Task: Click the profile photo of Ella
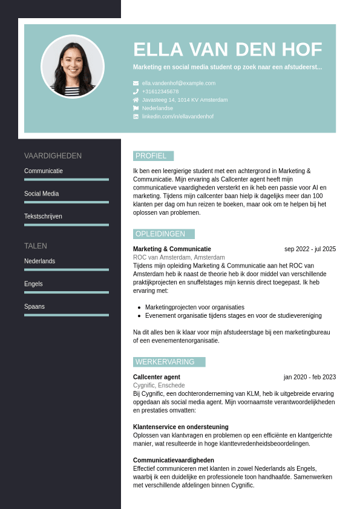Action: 73,67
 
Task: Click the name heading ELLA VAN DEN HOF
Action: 227,50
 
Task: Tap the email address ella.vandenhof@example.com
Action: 178,83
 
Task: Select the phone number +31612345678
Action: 160,91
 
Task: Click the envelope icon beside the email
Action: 136,83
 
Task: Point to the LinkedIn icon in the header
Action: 136,116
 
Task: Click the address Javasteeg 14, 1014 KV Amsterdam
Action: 185,100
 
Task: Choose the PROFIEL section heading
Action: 151,156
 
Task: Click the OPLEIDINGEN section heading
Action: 160,234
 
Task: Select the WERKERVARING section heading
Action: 165,362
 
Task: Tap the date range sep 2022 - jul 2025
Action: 310,249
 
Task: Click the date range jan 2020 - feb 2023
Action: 309,377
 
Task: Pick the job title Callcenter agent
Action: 157,377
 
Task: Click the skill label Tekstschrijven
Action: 43,216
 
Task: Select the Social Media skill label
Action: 41,194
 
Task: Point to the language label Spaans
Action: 34,306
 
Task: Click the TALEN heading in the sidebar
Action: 36,246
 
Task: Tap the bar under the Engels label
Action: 67,292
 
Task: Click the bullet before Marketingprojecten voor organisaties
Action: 139,307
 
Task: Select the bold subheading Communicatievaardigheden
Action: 174,460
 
